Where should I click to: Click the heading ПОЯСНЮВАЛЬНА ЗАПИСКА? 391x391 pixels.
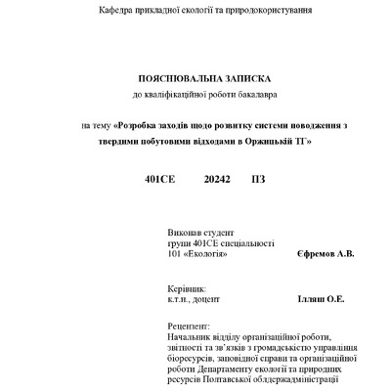tap(196, 78)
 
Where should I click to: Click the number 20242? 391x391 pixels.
tap(218, 181)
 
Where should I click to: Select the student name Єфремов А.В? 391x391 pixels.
tap(325, 254)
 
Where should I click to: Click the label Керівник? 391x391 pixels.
tap(187, 289)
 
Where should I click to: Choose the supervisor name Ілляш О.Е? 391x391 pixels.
tap(320, 300)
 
